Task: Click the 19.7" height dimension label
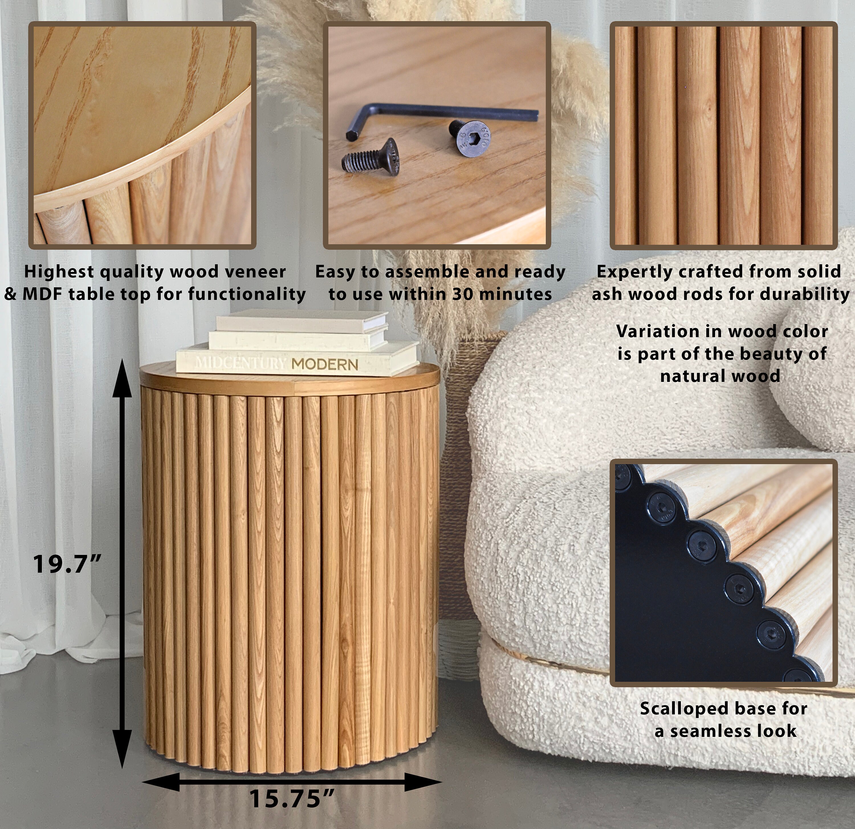click(x=67, y=564)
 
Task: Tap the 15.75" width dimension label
click(x=291, y=798)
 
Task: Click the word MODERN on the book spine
click(x=325, y=364)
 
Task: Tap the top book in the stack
click(x=301, y=321)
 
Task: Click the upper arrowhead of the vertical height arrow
click(x=122, y=380)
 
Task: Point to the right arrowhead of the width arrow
click(x=421, y=782)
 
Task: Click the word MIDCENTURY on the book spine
click(x=240, y=362)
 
